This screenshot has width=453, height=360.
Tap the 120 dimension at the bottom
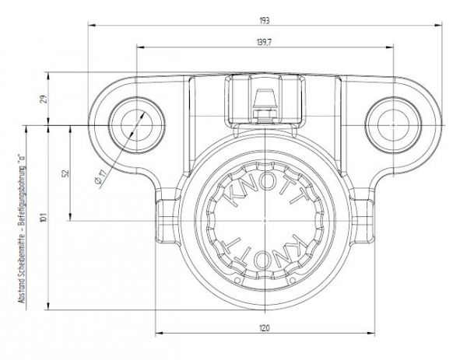(x=265, y=329)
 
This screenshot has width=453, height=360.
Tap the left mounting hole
(x=137, y=122)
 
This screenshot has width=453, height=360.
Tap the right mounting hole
(x=393, y=122)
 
